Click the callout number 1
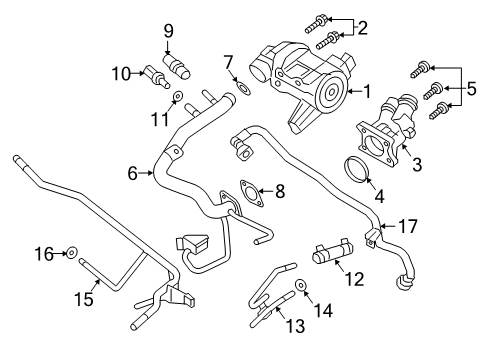point(367,91)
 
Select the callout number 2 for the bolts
point(362,27)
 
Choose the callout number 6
point(132,173)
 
